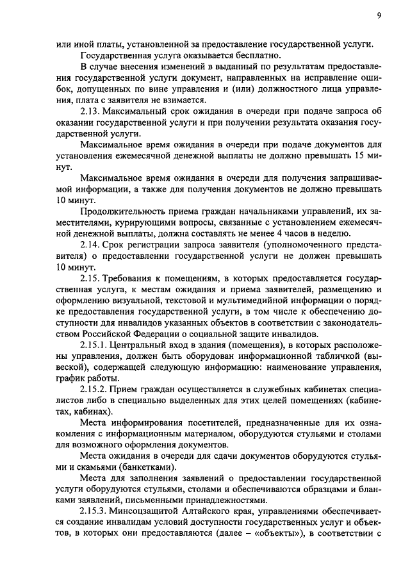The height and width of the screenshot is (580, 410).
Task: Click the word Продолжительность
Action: pyautogui.click(x=124, y=211)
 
